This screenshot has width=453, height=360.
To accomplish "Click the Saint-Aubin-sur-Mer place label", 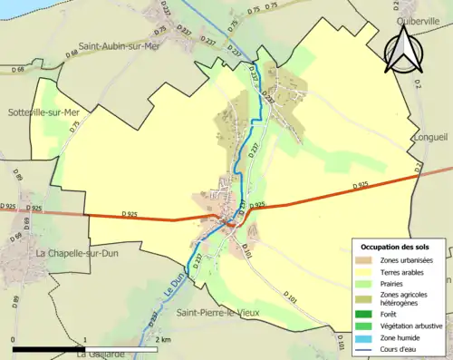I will [x=119, y=45].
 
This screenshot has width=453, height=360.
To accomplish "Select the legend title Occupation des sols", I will [x=400, y=247].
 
